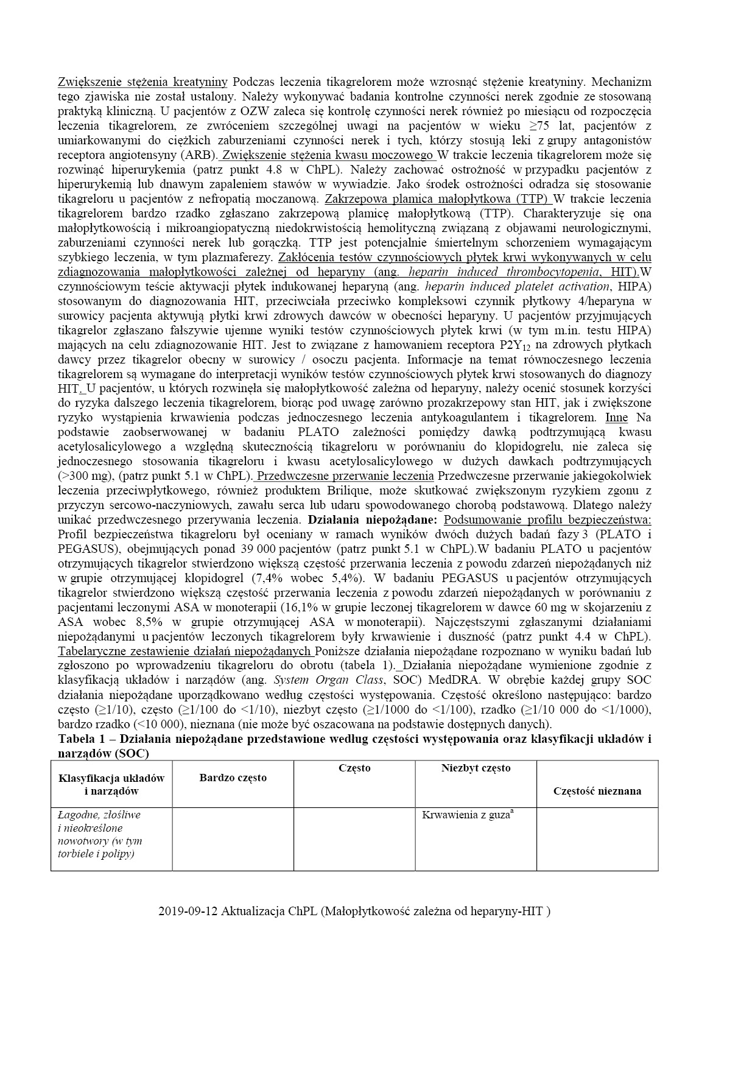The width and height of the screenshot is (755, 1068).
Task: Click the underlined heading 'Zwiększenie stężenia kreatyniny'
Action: point(142,82)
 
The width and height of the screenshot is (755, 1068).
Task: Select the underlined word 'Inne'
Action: point(616,418)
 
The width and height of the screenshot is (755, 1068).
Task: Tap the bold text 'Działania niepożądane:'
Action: point(373,520)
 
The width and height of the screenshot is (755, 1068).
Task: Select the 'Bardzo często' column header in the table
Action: point(233,778)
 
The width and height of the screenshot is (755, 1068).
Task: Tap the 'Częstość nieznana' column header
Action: point(597,791)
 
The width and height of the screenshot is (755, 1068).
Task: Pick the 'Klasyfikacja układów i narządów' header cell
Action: point(111,784)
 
